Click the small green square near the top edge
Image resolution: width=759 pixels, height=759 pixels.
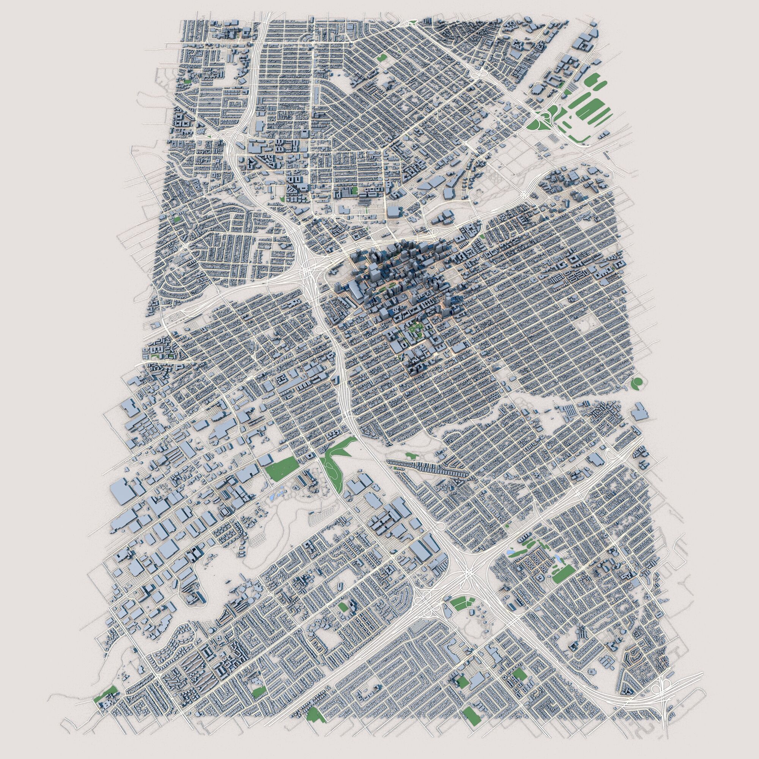[x=381, y=58]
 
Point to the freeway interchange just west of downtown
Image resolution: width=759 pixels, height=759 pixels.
[x=310, y=271]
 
